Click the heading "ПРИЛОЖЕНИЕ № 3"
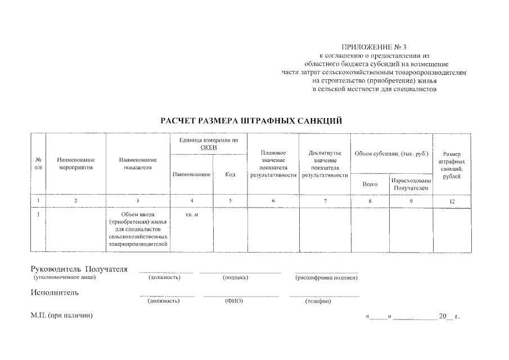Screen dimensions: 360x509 coord(374,47)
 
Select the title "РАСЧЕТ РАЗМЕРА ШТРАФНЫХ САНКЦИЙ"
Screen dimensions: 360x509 coord(251,121)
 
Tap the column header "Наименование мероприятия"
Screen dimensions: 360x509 coord(76,164)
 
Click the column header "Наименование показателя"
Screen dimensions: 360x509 coord(138,164)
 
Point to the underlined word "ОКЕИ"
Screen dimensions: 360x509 coord(209,147)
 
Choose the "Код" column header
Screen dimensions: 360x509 coord(230,174)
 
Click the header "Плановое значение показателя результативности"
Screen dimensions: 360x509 coord(273,164)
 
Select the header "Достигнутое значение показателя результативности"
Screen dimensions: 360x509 coord(325,164)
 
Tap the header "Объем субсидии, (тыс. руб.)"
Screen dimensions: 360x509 coord(391,153)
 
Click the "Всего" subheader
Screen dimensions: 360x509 coord(370,184)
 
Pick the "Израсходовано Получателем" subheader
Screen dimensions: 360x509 coord(411,184)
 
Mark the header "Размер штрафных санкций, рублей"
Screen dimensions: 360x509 coord(452,165)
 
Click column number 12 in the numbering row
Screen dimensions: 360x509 coord(452,201)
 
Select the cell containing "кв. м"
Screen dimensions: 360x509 coord(192,215)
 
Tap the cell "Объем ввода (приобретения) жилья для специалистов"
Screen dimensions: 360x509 coord(138,229)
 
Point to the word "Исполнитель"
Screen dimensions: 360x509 coord(55,292)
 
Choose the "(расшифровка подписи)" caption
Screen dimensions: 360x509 coord(326,278)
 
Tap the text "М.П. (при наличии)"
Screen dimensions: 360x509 coord(62,317)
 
